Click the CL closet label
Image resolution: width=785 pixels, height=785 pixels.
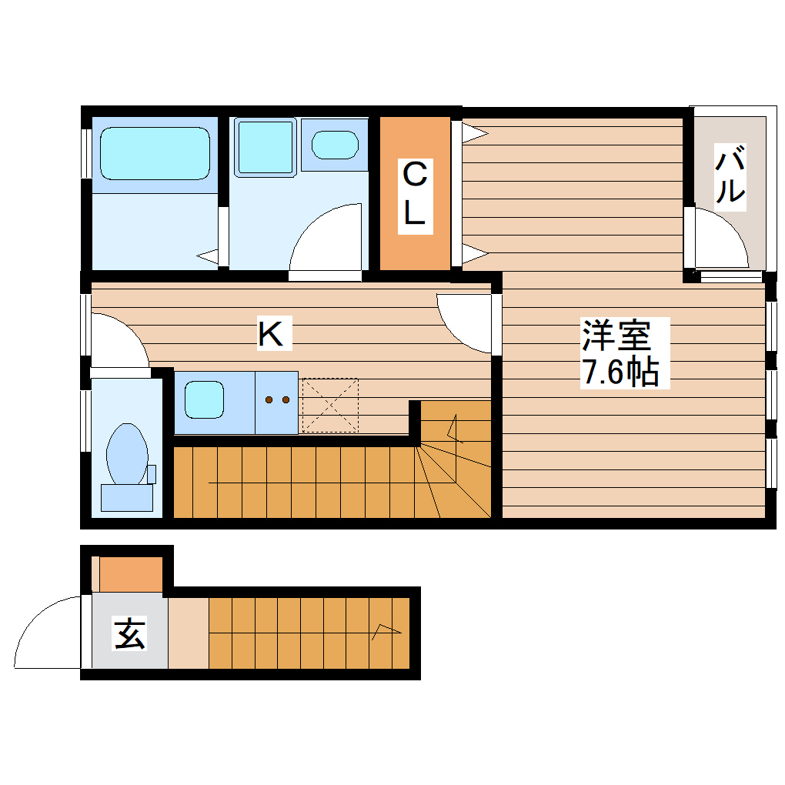(414, 196)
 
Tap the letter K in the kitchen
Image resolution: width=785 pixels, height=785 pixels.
(272, 334)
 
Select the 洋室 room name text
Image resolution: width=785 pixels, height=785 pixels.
(616, 336)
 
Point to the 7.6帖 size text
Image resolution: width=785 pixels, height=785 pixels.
(620, 372)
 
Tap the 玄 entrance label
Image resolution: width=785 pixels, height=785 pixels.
(130, 634)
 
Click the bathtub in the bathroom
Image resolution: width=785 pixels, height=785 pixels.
(155, 153)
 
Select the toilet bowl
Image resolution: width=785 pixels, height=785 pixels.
(127, 454)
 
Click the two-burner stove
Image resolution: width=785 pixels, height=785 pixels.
(276, 400)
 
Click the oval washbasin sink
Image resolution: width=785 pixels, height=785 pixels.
(335, 144)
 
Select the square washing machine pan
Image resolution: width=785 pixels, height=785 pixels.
(265, 146)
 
